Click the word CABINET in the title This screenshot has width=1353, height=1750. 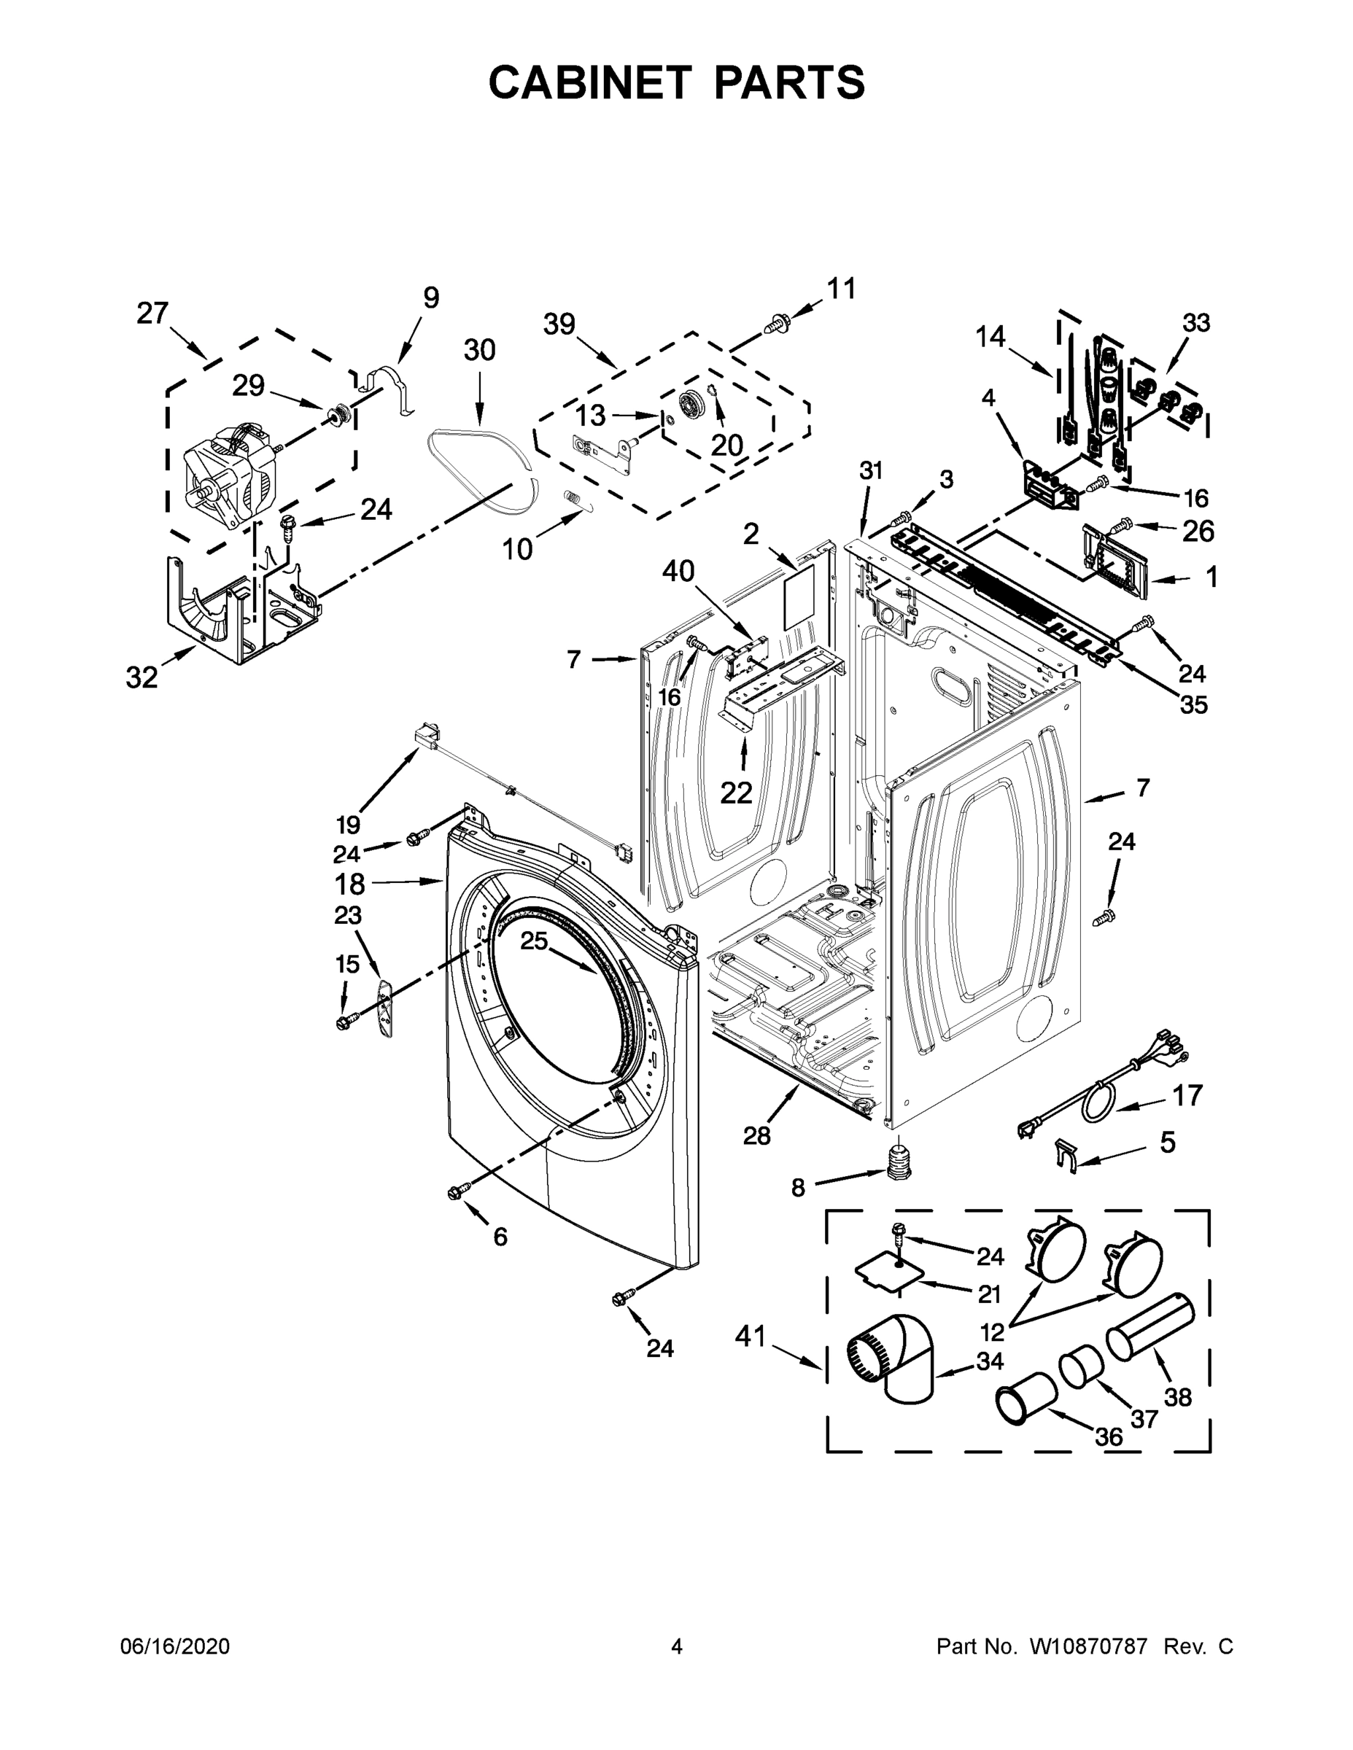[x=589, y=82]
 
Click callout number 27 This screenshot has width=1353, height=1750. [x=152, y=313]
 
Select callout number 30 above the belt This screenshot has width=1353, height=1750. [x=479, y=350]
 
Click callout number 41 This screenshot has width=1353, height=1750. [x=751, y=1336]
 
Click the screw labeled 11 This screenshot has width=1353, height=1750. [x=776, y=324]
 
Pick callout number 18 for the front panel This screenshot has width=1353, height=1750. [x=349, y=884]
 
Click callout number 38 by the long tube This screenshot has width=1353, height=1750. [x=1177, y=1396]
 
